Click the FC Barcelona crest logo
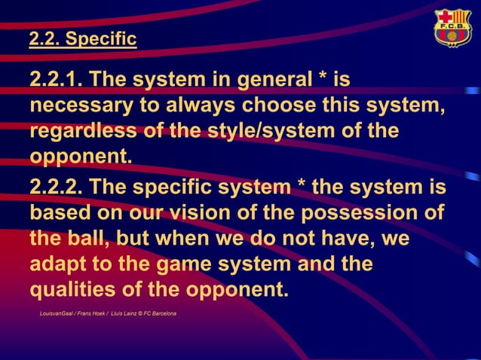(x=452, y=29)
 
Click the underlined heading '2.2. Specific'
(x=83, y=39)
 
